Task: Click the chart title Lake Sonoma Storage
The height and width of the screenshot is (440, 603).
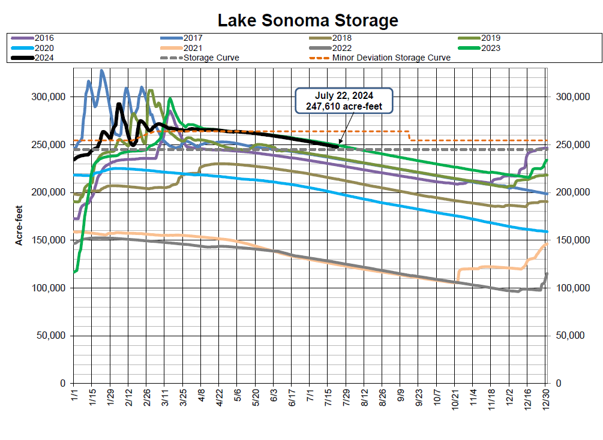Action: coord(307,20)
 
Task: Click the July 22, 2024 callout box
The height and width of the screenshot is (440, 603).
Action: coord(344,101)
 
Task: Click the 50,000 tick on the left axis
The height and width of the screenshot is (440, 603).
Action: coord(50,335)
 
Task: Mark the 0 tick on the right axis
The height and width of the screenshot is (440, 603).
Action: coord(559,383)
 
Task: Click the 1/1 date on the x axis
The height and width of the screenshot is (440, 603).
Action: coord(74,396)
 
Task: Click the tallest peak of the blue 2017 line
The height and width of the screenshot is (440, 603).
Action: coord(101,70)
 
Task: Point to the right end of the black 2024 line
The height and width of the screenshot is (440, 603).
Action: coord(338,146)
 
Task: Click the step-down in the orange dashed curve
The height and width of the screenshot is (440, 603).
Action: coord(409,136)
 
